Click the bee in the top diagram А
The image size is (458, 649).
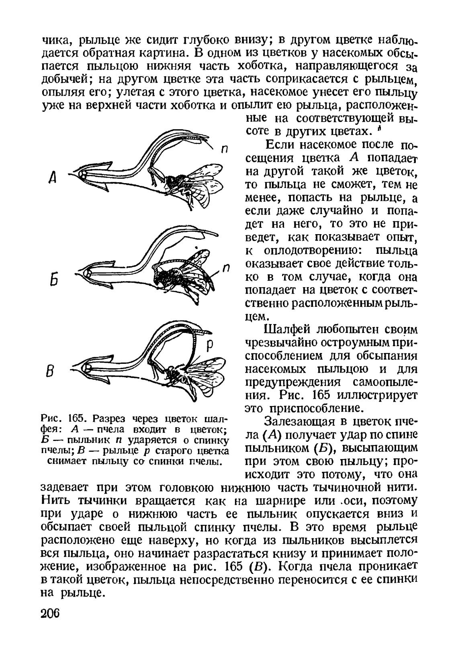(x=189, y=183)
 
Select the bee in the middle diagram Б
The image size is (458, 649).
(x=183, y=273)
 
